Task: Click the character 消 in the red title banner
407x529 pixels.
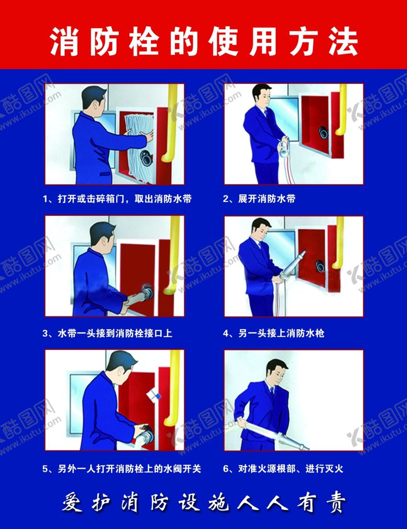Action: [x=64, y=41]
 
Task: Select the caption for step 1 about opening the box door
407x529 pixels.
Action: [x=117, y=198]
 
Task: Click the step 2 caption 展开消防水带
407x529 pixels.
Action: [x=259, y=198]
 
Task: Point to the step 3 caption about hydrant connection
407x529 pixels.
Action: [x=107, y=333]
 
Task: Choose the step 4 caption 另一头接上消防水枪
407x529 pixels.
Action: [x=273, y=333]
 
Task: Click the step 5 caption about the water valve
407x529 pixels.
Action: [x=122, y=468]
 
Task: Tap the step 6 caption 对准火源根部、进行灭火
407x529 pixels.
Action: [x=283, y=468]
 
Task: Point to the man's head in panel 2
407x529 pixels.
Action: [x=262, y=94]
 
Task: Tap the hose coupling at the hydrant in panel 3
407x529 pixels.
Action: [x=147, y=292]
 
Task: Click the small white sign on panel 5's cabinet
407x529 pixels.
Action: [x=154, y=395]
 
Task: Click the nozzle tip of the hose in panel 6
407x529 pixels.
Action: [x=305, y=448]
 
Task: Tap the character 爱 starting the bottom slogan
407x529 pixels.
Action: [x=72, y=503]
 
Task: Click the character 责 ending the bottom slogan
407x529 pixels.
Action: [x=336, y=503]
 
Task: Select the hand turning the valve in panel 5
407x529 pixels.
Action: [x=141, y=430]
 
